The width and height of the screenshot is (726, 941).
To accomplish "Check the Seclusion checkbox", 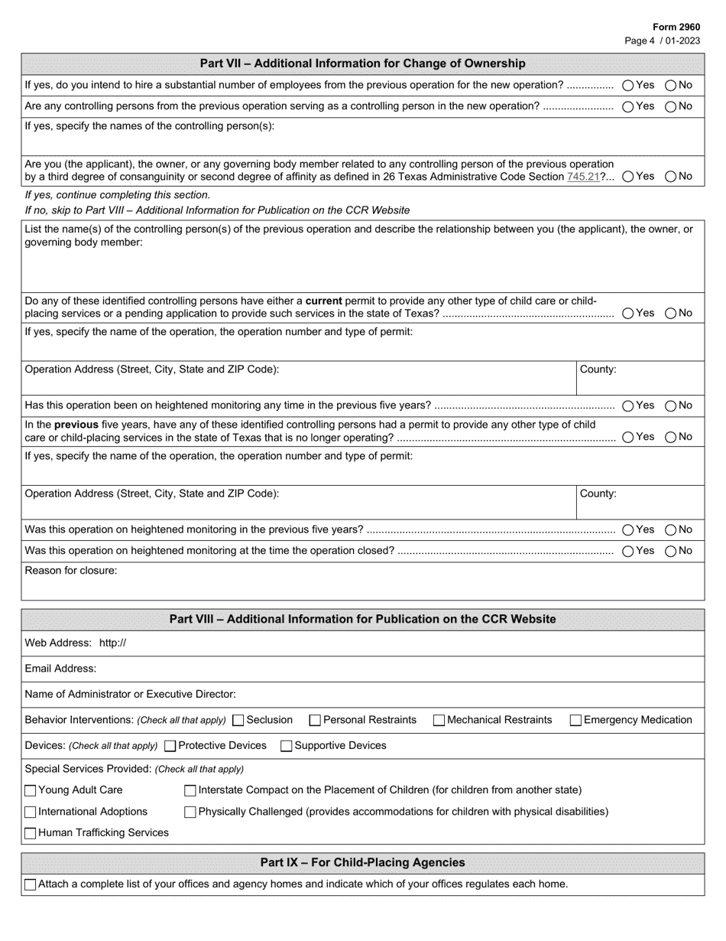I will click(x=238, y=720).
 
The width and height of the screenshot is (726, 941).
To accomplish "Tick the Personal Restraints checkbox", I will click(x=315, y=720).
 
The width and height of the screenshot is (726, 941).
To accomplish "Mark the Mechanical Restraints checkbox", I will click(x=439, y=720).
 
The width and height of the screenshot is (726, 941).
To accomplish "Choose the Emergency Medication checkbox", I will click(x=576, y=720).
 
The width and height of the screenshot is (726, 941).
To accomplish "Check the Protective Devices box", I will click(x=170, y=746).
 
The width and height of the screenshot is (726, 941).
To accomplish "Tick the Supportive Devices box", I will click(x=287, y=746).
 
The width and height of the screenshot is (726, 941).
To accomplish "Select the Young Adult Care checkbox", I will click(x=31, y=790).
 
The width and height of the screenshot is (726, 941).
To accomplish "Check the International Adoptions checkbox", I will click(x=31, y=812).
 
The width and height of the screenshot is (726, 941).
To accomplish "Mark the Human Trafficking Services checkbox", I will click(x=31, y=833).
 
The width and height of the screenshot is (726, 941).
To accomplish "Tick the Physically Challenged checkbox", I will click(x=191, y=812).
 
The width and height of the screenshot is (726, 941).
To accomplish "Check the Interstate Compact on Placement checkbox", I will click(x=191, y=790).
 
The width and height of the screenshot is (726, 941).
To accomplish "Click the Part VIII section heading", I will click(x=362, y=619).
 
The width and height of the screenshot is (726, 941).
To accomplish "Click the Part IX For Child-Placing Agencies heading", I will click(x=362, y=862).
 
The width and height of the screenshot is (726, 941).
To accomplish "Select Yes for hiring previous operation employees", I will click(x=628, y=86).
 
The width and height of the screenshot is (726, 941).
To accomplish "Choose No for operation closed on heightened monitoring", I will click(x=671, y=551).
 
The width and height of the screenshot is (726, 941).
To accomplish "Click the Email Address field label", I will click(x=60, y=669).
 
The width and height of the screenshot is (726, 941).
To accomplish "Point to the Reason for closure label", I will click(x=71, y=571).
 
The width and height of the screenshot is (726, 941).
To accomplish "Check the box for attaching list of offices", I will click(x=31, y=884).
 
